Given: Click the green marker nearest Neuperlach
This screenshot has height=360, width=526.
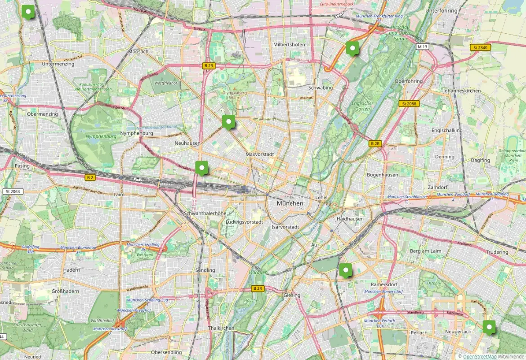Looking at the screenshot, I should coord(489,327).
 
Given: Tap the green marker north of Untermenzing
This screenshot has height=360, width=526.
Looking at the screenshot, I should coord(28,11).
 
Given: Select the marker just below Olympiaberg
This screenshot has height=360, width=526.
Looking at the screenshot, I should coord(229,121).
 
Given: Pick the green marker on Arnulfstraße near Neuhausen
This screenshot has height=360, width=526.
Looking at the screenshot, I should coord(202,168).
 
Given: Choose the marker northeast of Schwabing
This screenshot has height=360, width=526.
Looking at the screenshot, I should coord(352,48).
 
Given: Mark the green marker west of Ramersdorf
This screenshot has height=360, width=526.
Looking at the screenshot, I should coord(345,270).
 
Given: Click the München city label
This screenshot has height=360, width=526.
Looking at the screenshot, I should coord(290,203).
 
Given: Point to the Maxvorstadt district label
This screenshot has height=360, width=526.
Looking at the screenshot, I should coord(260,154).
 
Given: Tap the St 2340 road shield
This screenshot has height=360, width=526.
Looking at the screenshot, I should coord(481,47).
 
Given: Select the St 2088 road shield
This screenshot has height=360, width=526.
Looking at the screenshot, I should coord(409,103).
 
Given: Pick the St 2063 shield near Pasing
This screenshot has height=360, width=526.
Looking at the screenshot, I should coord(13,191).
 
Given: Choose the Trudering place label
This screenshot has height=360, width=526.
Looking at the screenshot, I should coord(497,252).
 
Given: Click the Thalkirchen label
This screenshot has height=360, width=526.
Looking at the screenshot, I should coord(221,328).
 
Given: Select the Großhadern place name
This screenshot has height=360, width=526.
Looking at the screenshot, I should coord(65,291).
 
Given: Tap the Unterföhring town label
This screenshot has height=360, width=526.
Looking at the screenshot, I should coord(441,10).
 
